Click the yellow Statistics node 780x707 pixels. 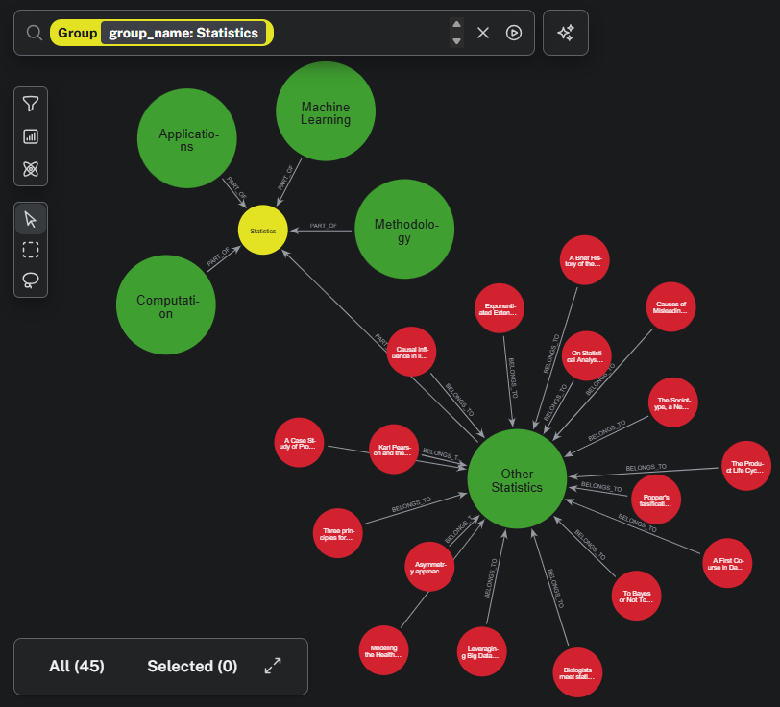[x=263, y=231]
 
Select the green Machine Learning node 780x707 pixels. [x=326, y=113]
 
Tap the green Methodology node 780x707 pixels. [x=404, y=230]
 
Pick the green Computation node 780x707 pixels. [x=165, y=305]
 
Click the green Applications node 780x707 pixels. [x=187, y=139]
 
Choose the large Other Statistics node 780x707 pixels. [x=517, y=479]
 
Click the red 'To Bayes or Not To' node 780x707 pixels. [x=636, y=597]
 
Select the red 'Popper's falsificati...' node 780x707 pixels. [x=656, y=500]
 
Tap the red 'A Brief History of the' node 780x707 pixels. [x=583, y=259]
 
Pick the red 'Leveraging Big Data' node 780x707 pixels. [x=480, y=652]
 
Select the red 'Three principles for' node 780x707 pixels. [x=338, y=534]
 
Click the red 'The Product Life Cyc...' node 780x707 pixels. [x=745, y=466]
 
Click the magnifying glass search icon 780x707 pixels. [x=35, y=33]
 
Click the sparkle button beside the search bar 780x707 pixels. [x=566, y=33]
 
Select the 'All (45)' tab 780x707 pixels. [x=77, y=666]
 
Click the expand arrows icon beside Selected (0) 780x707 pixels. [x=273, y=666]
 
